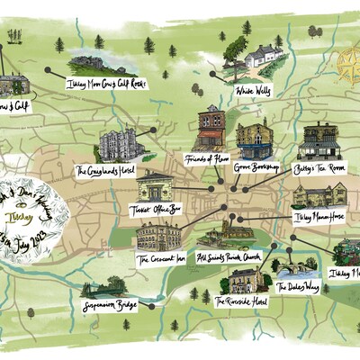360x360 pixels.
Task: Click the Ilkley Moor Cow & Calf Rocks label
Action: pyautogui.click(x=105, y=84)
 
